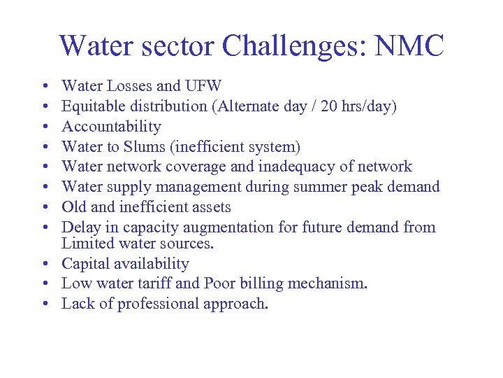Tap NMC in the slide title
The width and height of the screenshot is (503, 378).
coord(410,46)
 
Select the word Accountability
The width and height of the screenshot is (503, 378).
coord(111,127)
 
